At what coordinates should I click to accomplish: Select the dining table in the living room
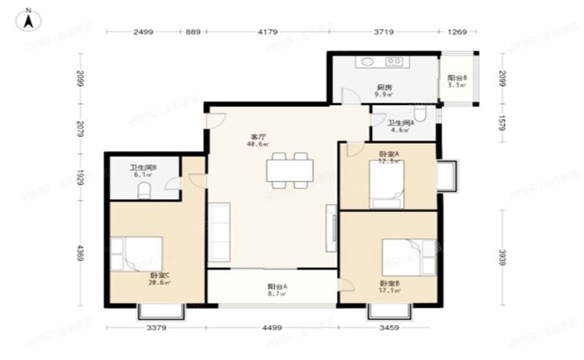pyautogui.click(x=290, y=170)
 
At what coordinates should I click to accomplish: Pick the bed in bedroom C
pyautogui.click(x=137, y=254)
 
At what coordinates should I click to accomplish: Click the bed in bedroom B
pyautogui.click(x=408, y=257)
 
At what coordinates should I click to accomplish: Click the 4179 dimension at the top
pyautogui.click(x=269, y=32)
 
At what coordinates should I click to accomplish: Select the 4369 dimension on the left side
pyautogui.click(x=80, y=254)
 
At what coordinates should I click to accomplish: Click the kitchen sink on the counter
pyautogui.click(x=367, y=62)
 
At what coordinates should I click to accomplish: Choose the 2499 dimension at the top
pyautogui.click(x=142, y=32)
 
